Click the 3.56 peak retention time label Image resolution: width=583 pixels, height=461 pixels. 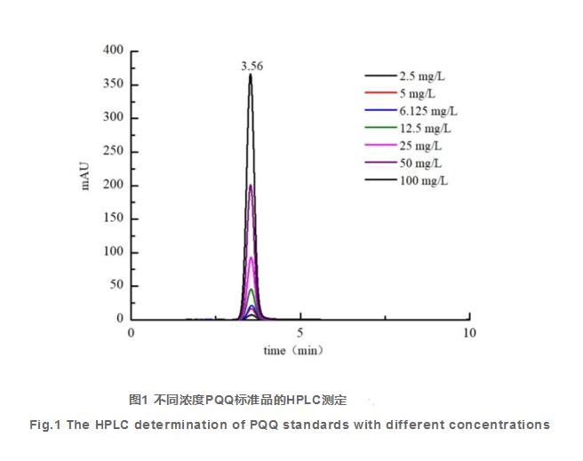click(x=252, y=66)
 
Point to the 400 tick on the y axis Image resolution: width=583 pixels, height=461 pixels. click(x=113, y=51)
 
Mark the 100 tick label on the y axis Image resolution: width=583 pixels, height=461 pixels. click(x=113, y=252)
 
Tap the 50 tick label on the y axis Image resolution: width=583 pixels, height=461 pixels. click(x=116, y=286)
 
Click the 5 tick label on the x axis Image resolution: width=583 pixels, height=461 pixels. click(x=300, y=333)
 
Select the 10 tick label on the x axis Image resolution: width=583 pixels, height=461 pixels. click(x=469, y=333)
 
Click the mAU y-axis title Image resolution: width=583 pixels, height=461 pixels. click(x=86, y=178)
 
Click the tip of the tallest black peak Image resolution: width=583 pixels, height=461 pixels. click(x=252, y=75)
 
